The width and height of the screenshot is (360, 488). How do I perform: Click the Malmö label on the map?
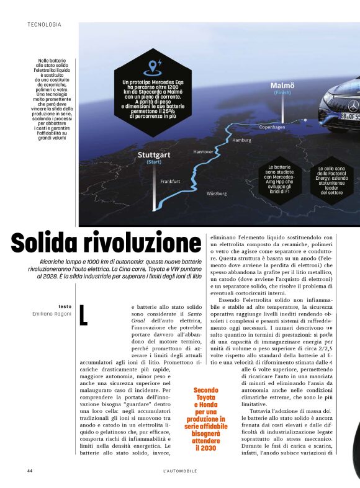282,86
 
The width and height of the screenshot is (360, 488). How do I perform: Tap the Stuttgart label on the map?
154,154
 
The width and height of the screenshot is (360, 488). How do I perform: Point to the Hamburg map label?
241,141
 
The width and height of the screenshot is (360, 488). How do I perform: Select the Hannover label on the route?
203,151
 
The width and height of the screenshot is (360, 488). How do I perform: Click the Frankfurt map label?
170,182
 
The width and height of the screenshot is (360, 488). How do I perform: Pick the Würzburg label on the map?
217,193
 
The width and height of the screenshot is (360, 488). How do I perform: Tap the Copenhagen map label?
272,127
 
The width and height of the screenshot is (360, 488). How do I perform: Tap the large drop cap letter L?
84,315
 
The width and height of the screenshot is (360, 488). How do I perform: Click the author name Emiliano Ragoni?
52,314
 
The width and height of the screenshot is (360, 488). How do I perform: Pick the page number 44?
30,471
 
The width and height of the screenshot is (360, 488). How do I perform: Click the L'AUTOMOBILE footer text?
180,471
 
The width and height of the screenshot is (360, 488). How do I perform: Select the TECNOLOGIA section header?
44,25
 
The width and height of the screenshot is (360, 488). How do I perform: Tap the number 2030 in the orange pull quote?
205,447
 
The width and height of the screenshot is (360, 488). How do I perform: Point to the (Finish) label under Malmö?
282,93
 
